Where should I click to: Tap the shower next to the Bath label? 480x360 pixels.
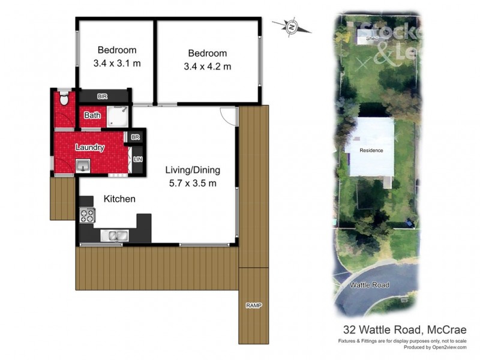click(x=118, y=116)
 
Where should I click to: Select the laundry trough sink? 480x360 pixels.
click(x=83, y=166)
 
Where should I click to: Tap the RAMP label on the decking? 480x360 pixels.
click(x=253, y=305)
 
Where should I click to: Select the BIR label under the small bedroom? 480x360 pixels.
click(x=103, y=97)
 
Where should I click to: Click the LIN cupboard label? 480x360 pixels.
click(x=138, y=158)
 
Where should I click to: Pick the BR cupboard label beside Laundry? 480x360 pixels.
click(x=136, y=137)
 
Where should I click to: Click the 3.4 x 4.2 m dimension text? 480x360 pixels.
click(x=207, y=67)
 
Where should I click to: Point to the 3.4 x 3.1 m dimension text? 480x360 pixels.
click(x=117, y=64)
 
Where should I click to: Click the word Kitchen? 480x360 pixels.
click(x=119, y=199)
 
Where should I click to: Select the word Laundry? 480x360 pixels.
click(x=90, y=148)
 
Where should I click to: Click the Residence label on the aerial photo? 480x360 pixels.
click(x=371, y=150)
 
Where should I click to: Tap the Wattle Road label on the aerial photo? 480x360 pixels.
click(x=370, y=285)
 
